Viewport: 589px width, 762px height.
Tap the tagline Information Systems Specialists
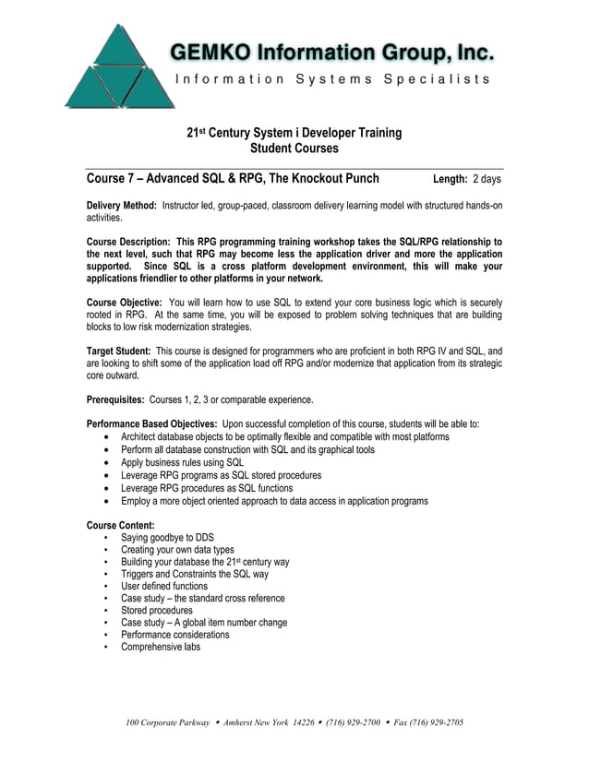tap(332, 79)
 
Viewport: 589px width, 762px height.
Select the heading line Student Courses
tap(294, 149)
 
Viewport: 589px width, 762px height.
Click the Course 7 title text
tap(232, 178)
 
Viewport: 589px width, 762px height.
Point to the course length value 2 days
tap(487, 179)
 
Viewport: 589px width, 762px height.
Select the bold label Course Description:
tap(127, 242)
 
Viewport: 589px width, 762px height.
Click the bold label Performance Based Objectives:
tap(152, 424)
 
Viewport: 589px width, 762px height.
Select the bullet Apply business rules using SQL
tap(182, 462)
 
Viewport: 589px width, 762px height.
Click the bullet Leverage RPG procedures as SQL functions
tap(207, 488)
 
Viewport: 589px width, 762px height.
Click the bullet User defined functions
tap(164, 586)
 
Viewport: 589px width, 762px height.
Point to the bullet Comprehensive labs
tap(160, 647)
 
